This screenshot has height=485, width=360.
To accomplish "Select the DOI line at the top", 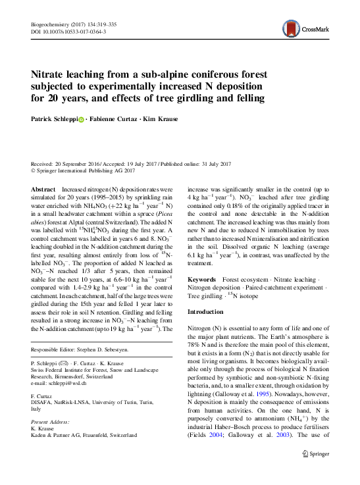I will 63,32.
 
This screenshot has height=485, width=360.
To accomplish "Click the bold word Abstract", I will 43,188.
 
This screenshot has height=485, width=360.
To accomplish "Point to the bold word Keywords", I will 203,280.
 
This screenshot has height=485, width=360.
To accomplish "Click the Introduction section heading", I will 206,311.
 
